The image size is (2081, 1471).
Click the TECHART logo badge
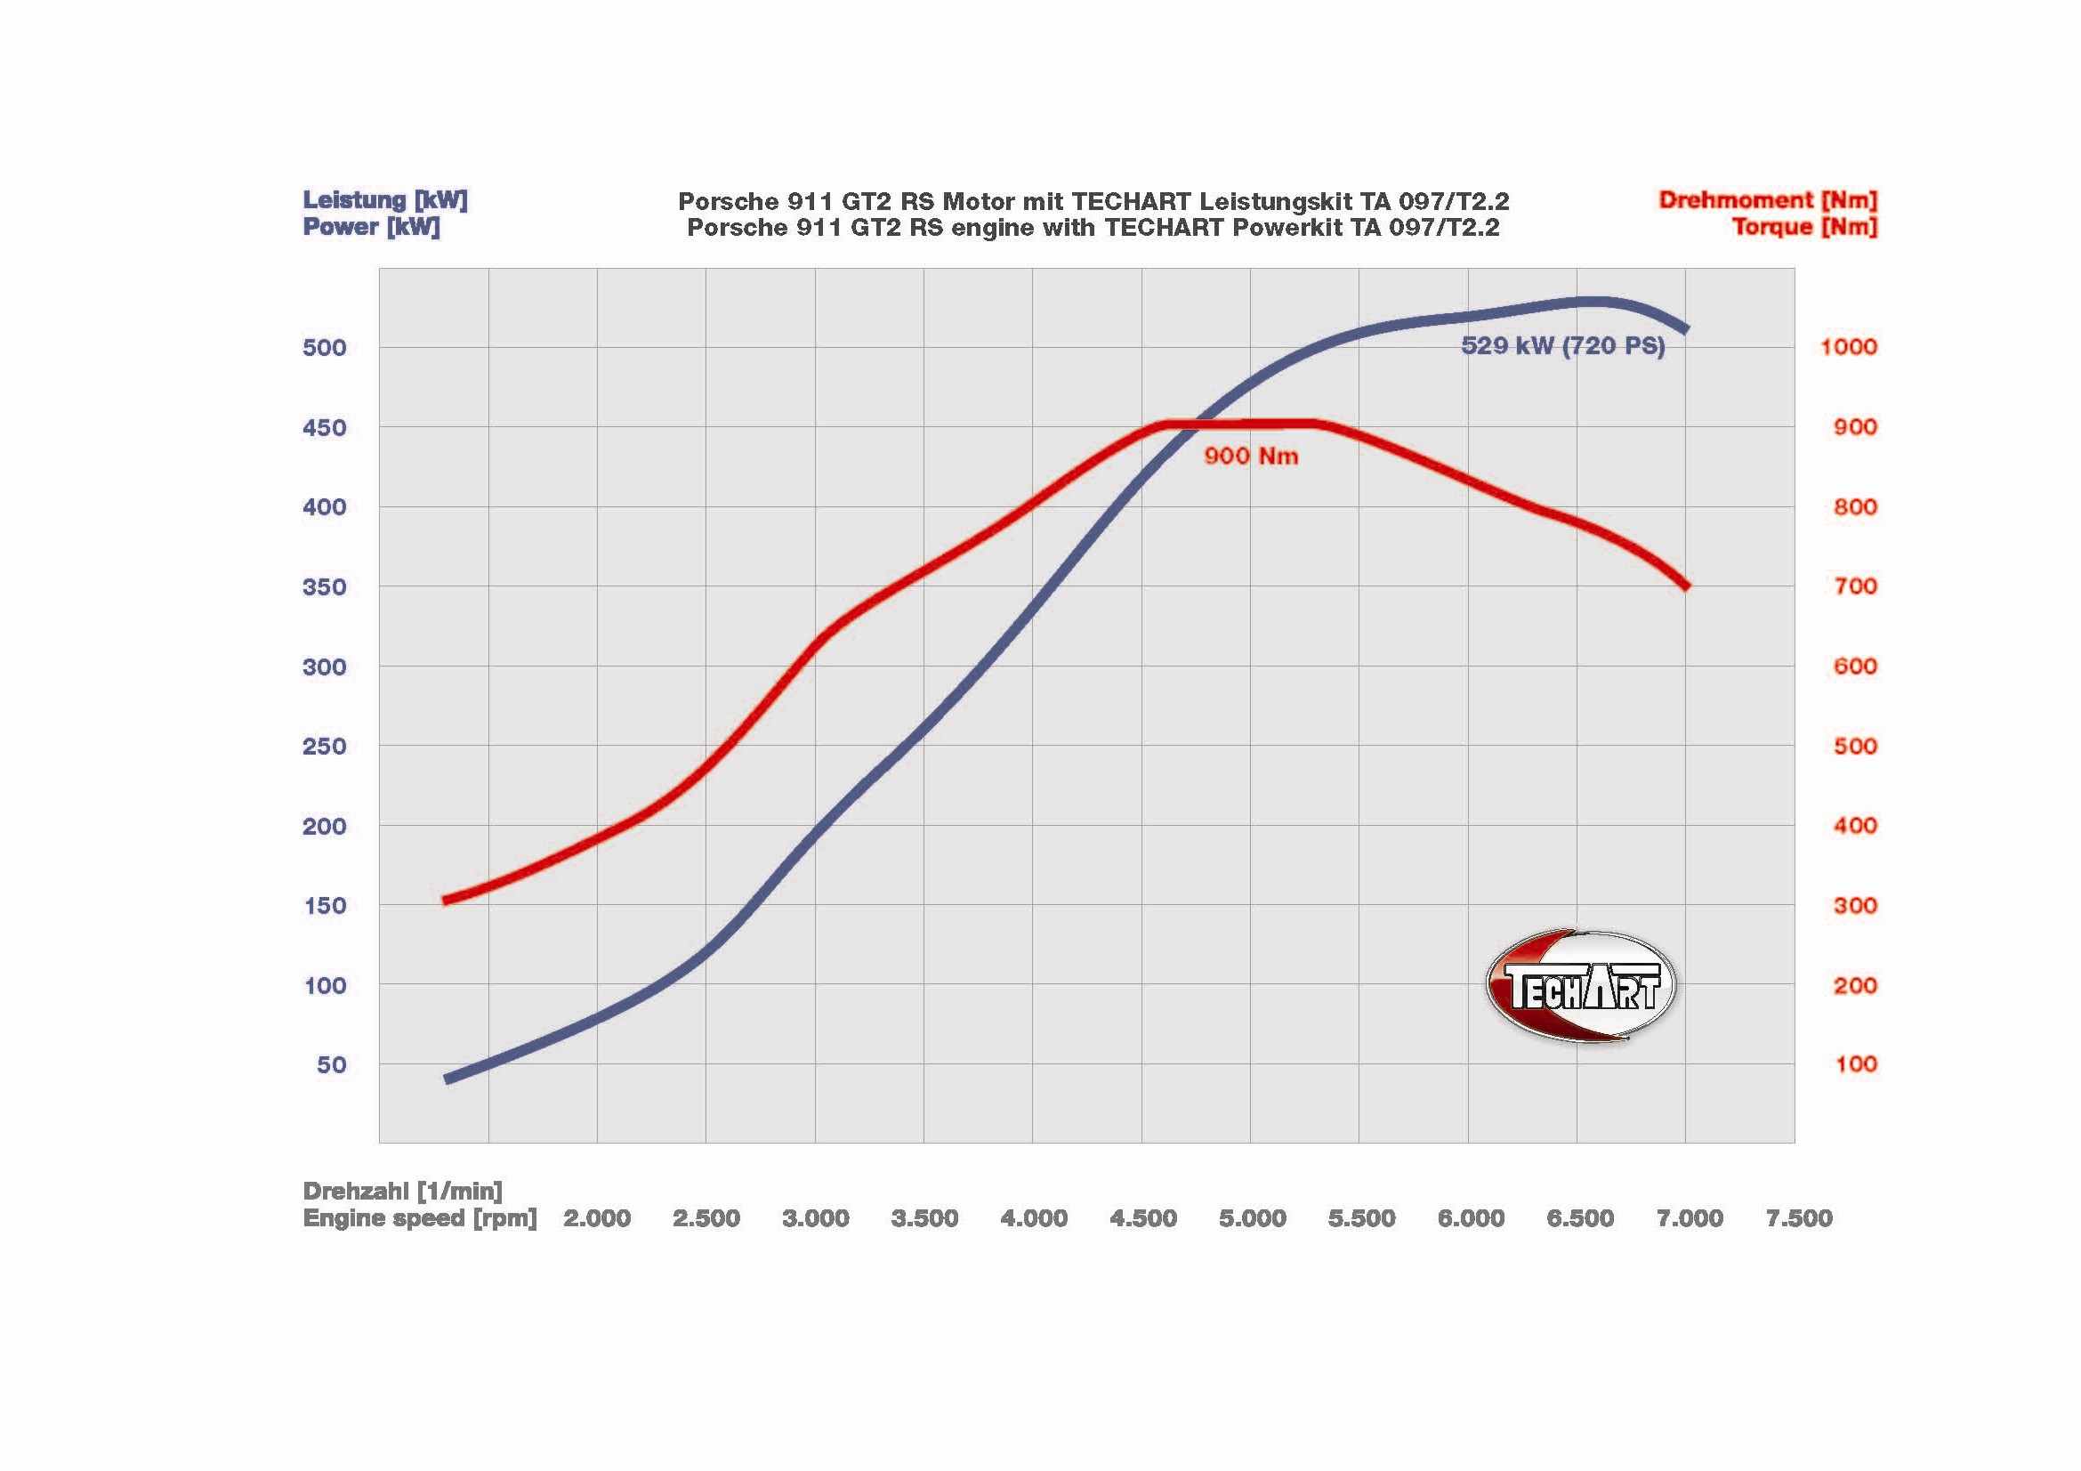coord(1581,986)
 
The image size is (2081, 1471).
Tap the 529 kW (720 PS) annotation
coord(1562,345)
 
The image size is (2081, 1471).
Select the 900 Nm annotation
coord(1251,456)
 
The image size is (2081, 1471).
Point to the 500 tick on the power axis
coord(325,347)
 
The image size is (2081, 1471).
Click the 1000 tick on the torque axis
coord(1848,347)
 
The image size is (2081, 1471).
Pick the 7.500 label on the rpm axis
coord(1798,1218)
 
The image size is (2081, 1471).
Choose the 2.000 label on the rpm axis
coord(596,1218)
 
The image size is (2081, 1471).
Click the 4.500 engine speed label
coord(1143,1218)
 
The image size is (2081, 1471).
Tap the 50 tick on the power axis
coord(332,1065)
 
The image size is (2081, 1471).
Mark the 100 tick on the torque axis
coord(1855,1065)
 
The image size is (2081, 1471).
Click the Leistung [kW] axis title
coord(384,200)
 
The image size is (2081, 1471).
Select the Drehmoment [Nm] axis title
coord(1768,200)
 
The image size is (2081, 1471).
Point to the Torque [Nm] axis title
coord(1803,227)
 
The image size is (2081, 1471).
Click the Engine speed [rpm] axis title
coord(420,1218)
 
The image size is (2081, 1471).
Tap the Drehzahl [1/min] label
coord(402,1191)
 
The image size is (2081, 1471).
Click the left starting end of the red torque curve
coord(446,900)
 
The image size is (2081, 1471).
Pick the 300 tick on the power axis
coord(325,667)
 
